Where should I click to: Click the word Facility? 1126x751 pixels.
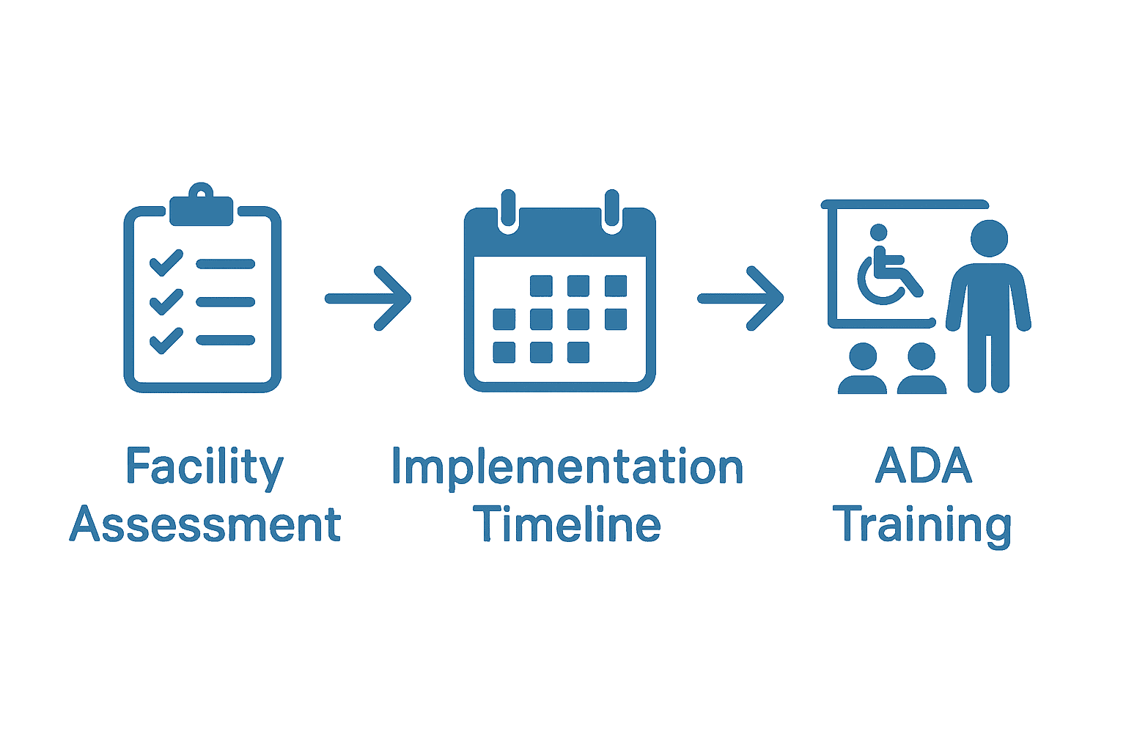[204, 467]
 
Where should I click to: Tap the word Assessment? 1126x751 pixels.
[205, 525]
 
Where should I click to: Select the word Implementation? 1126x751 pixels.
[567, 467]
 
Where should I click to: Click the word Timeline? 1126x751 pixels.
[567, 525]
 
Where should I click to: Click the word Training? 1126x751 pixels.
[922, 525]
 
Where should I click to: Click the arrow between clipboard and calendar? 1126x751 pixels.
[369, 298]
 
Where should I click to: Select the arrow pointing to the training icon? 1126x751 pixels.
[741, 298]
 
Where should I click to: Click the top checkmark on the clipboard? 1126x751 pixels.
[166, 263]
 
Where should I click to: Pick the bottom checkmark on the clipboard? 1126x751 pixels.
[166, 340]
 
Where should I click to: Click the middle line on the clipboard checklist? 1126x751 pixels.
[225, 301]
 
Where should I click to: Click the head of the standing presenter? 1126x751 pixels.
[989, 238]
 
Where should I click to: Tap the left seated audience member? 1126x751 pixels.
[863, 370]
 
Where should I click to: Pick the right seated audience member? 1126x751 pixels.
[921, 370]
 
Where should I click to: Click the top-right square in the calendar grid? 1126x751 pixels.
[616, 285]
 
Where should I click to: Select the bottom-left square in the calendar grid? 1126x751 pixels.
[504, 353]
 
